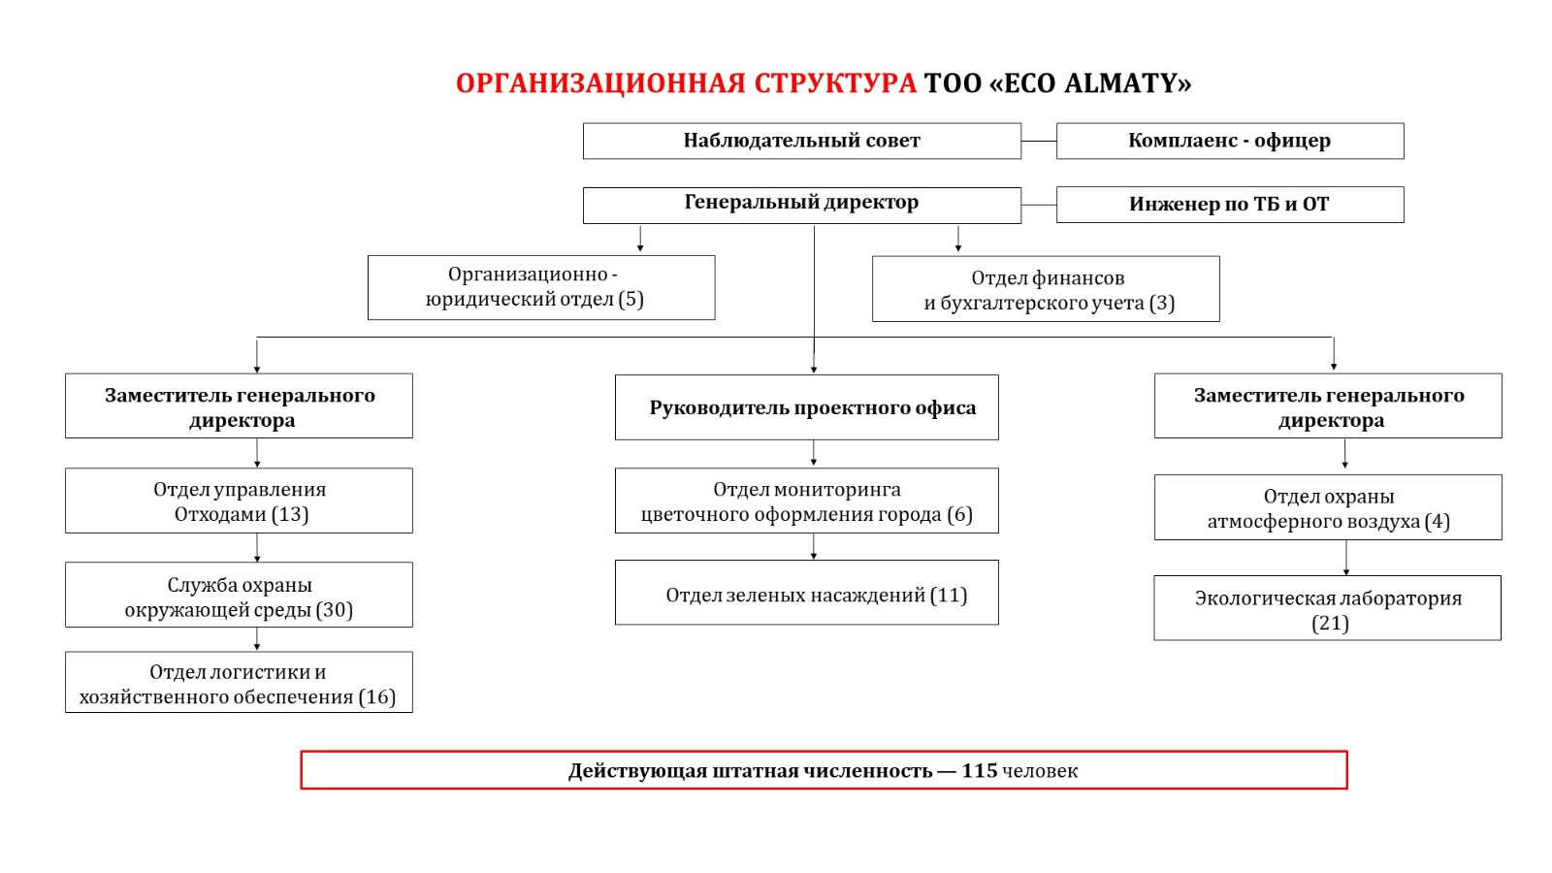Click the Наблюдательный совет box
point(801,141)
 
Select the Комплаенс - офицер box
point(1229,141)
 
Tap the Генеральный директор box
point(801,205)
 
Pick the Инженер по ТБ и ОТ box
point(1229,205)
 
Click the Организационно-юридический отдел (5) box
point(540,287)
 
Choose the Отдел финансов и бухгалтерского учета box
point(1046,289)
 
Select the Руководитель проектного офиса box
point(806,407)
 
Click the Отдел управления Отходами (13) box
point(239,501)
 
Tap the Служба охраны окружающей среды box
point(239,595)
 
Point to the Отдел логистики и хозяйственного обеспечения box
point(239,683)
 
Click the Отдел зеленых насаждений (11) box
point(806,593)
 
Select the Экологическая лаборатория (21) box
point(1327,608)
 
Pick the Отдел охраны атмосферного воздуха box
point(1328,507)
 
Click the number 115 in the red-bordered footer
point(979,771)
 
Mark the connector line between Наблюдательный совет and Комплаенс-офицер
point(1039,141)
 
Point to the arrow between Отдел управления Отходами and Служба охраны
point(257,548)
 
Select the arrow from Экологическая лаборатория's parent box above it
point(1346,558)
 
